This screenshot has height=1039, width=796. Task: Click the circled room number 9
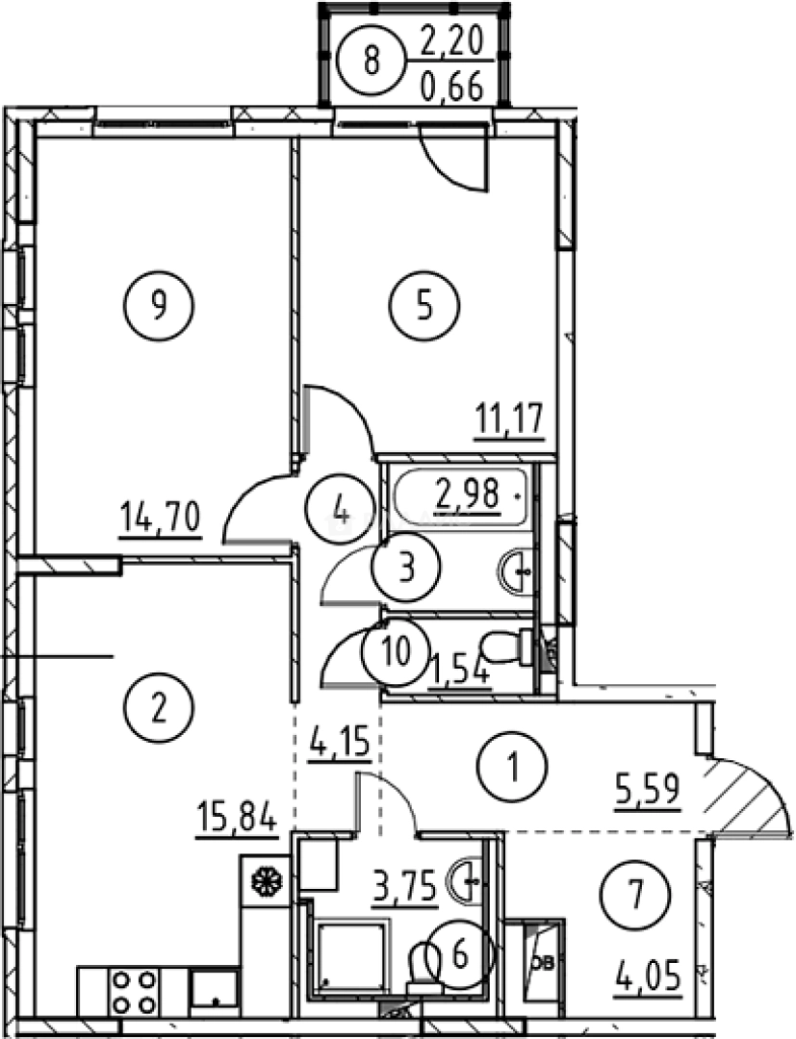(159, 306)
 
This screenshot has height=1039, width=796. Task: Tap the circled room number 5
(424, 306)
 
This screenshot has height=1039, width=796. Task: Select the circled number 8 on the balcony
(372, 61)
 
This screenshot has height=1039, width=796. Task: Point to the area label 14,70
(160, 517)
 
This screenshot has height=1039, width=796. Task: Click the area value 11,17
(509, 418)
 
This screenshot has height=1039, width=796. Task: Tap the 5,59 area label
(648, 789)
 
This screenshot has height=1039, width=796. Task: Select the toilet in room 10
(507, 646)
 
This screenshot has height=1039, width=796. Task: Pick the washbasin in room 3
(516, 570)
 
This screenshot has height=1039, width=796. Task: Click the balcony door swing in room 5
(456, 159)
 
